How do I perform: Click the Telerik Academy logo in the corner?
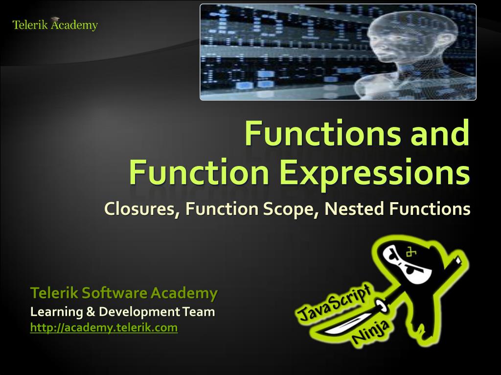[x=55, y=24]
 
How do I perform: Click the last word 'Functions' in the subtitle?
[x=430, y=209]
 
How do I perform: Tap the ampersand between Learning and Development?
[x=91, y=312]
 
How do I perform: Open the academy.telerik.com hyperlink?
[x=104, y=328]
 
